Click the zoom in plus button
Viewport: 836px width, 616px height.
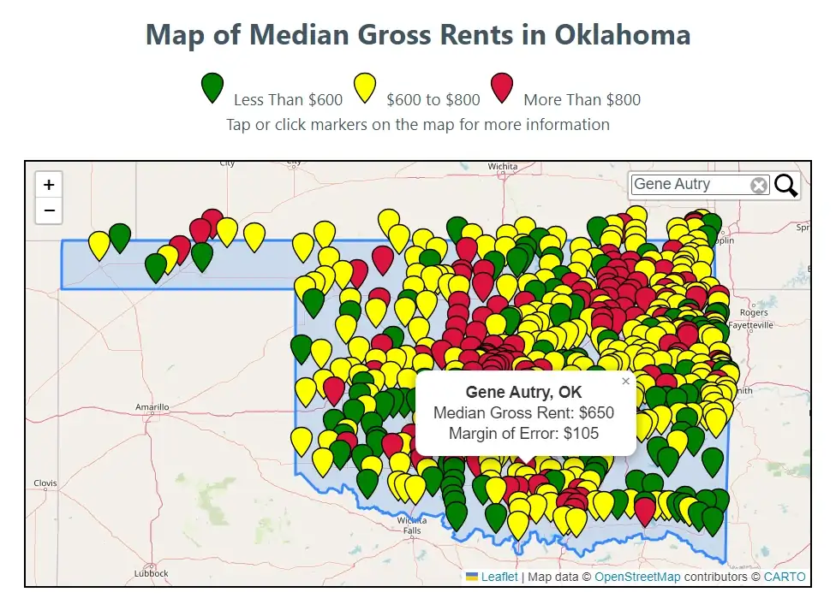[49, 185]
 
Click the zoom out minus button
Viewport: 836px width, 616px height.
[49, 210]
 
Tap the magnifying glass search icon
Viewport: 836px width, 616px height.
[786, 185]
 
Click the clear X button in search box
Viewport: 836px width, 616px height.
[759, 186]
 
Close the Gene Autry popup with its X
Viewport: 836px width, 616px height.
[625, 382]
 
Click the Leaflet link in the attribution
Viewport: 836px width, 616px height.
[499, 577]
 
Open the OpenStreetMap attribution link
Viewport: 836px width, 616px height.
[637, 577]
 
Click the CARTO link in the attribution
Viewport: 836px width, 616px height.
[785, 577]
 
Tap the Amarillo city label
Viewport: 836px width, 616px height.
[152, 407]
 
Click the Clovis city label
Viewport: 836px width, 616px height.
[45, 483]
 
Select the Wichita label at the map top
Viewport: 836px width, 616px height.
[503, 167]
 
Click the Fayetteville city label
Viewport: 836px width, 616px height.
[750, 325]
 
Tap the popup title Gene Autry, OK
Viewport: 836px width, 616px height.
[523, 392]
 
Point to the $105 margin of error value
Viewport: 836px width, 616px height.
[581, 433]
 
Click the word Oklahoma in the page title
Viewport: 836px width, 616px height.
[622, 35]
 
